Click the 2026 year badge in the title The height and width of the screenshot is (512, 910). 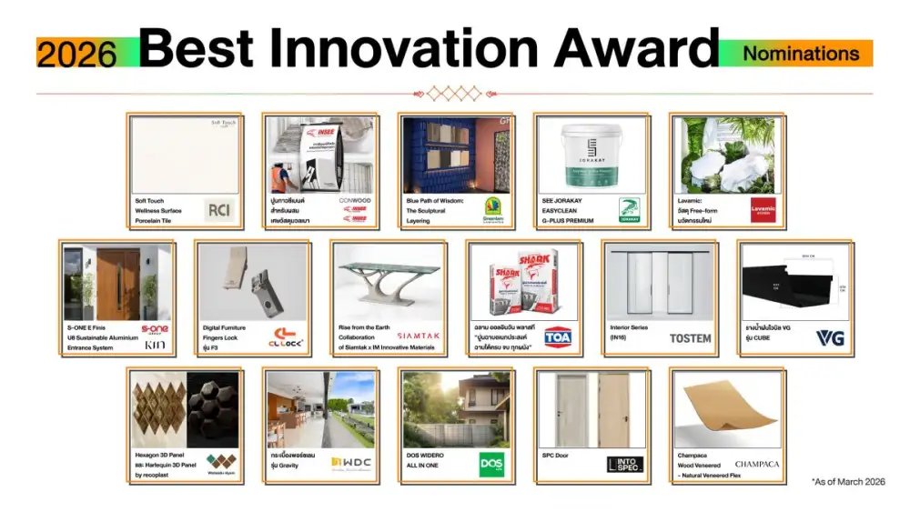click(76, 54)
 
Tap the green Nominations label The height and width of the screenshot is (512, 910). click(801, 53)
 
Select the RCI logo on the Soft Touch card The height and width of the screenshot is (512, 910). click(220, 210)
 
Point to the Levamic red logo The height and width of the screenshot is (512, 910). click(763, 210)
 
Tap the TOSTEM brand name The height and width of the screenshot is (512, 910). click(691, 338)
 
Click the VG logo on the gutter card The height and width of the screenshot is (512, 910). click(829, 338)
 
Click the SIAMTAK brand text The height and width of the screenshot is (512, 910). click(418, 336)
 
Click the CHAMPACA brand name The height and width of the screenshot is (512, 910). click(756, 464)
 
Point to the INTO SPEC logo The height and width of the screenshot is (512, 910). click(624, 465)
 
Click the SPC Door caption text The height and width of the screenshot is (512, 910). click(555, 455)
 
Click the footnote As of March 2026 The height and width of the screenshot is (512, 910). click(847, 482)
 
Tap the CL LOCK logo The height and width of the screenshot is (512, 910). click(288, 341)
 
